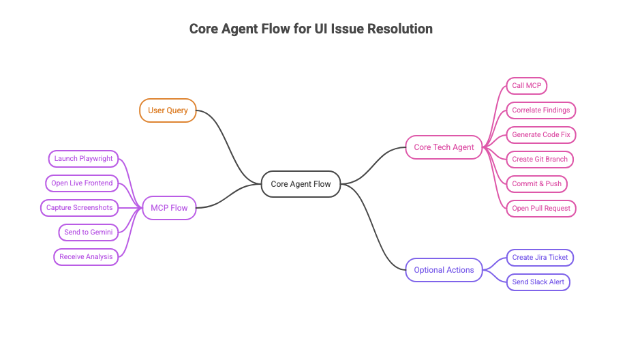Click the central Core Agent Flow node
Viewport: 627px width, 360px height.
point(301,184)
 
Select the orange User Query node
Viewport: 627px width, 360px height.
point(168,110)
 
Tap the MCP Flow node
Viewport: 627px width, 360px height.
point(169,208)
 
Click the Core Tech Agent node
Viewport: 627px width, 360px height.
point(444,147)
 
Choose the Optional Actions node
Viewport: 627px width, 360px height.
point(444,270)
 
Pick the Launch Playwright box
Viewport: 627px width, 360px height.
point(83,159)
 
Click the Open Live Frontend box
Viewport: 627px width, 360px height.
point(82,183)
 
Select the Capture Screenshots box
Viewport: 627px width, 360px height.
point(79,208)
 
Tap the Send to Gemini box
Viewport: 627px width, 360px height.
point(89,232)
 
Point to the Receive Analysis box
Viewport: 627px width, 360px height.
point(86,257)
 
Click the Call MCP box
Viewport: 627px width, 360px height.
point(526,86)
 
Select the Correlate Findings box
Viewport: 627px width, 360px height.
point(541,110)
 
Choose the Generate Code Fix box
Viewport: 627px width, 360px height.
point(541,135)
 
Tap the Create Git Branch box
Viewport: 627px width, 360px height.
point(540,160)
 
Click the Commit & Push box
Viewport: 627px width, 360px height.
point(536,184)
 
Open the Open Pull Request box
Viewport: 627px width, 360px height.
point(541,209)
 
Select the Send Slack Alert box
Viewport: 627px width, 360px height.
point(538,282)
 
